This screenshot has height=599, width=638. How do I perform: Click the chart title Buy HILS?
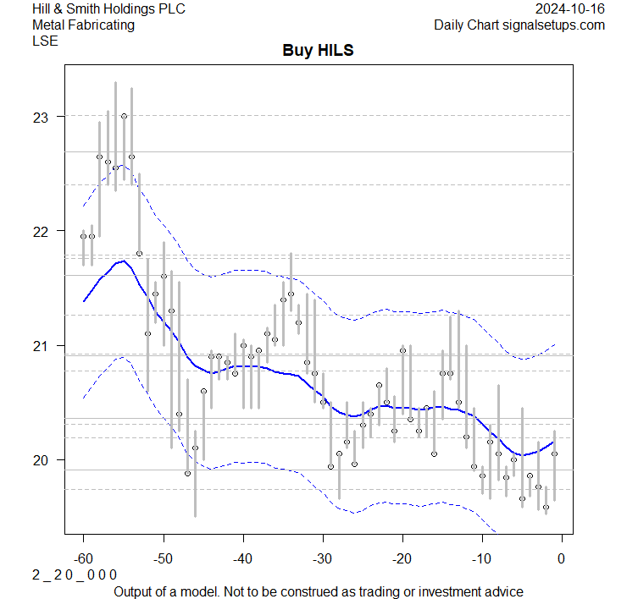pyautogui.click(x=318, y=51)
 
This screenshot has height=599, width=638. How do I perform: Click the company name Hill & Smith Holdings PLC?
pyautogui.click(x=108, y=9)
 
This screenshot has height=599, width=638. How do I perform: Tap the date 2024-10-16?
pyautogui.click(x=570, y=9)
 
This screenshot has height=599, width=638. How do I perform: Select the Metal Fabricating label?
pyautogui.click(x=83, y=25)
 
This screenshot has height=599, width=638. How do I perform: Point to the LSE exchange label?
pyautogui.click(x=45, y=40)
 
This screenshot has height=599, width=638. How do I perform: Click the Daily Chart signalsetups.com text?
pyautogui.click(x=519, y=25)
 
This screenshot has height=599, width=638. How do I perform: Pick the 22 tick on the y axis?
pyautogui.click(x=41, y=231)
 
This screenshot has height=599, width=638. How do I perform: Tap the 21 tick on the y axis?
pyautogui.click(x=41, y=345)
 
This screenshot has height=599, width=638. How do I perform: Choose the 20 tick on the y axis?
pyautogui.click(x=41, y=460)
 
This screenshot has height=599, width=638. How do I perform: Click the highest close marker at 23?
pyautogui.click(x=124, y=116)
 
